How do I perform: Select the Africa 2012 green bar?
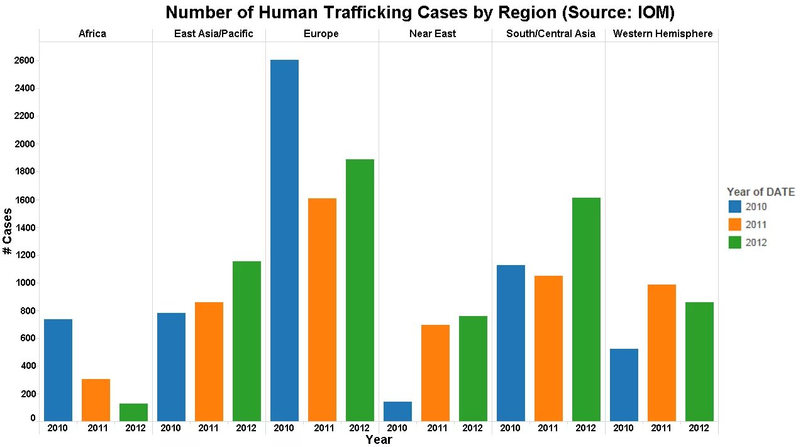point(133,412)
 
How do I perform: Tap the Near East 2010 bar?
point(397,411)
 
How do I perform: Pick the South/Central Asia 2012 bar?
point(586,309)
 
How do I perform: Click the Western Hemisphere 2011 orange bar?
point(662,353)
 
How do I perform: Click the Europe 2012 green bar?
point(360,290)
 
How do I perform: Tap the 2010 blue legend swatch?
point(734,207)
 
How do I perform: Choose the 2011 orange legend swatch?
point(734,225)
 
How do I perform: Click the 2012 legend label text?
point(756,242)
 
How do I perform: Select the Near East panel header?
point(433,34)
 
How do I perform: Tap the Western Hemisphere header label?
point(663,34)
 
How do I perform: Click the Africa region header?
point(92,34)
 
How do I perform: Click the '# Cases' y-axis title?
point(8,231)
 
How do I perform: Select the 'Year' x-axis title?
point(379,439)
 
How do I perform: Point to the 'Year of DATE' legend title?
point(760,192)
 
